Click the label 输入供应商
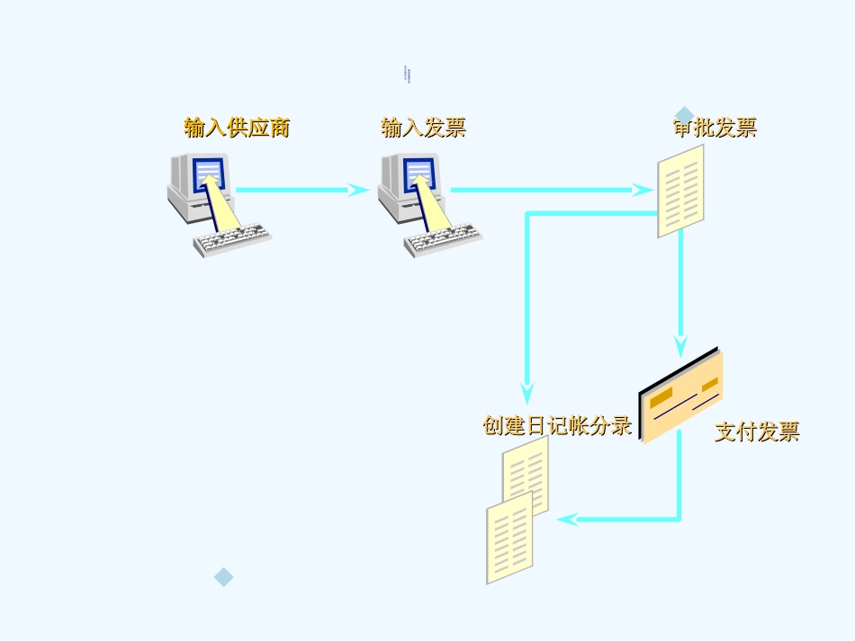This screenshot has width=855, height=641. (237, 128)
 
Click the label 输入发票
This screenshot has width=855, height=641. (423, 128)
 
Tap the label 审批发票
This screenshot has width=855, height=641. (715, 128)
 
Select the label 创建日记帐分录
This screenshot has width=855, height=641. (557, 425)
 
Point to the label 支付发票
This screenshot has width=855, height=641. (757, 432)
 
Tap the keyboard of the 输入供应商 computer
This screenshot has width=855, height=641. (233, 240)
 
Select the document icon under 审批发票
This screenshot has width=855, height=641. (680, 191)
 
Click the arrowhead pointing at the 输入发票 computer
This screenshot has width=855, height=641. (360, 190)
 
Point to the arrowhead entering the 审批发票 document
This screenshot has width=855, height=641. (643, 190)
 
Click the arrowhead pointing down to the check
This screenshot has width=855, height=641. (680, 345)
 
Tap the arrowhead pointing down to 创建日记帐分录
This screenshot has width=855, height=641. (527, 392)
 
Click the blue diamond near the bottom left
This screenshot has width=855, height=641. (223, 577)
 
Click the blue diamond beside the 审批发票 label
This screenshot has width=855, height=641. (684, 115)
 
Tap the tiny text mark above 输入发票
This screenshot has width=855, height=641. (406, 74)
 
